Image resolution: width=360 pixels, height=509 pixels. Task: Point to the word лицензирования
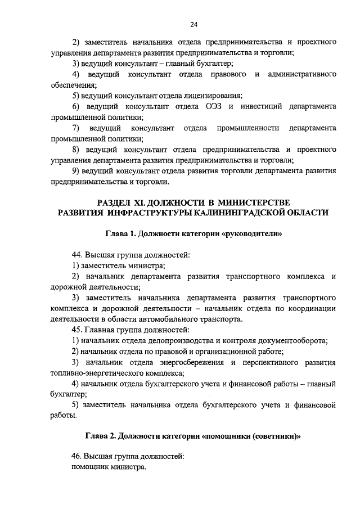[x=215, y=95]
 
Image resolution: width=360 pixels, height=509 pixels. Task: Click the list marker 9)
[x=76, y=170]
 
